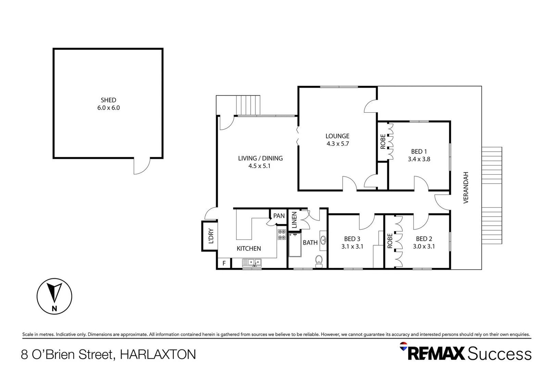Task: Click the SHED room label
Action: (108, 100)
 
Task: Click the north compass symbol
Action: (54, 296)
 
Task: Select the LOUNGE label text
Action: (337, 136)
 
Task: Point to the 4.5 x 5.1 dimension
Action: (259, 166)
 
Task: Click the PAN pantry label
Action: (279, 216)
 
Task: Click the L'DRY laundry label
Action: (211, 236)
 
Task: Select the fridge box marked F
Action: (224, 263)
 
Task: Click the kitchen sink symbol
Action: (252, 263)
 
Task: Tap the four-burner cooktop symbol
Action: (282, 235)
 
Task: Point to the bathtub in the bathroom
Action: (294, 245)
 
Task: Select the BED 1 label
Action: (419, 151)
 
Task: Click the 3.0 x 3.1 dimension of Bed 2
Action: (424, 246)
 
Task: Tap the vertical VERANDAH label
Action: (466, 188)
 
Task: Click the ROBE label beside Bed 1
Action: (383, 141)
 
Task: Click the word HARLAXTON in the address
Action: (158, 354)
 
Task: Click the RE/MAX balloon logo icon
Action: (404, 346)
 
